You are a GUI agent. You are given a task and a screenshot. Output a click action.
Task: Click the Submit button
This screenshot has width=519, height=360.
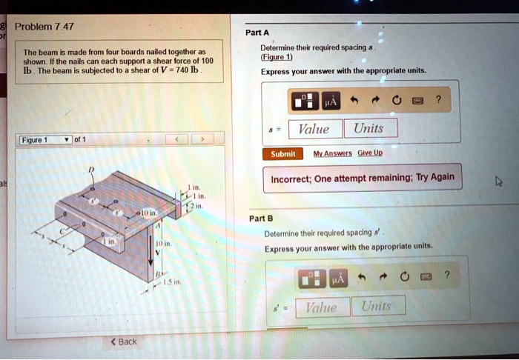[x=282, y=154]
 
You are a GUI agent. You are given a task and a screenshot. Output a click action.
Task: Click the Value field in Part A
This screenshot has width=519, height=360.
[x=313, y=129]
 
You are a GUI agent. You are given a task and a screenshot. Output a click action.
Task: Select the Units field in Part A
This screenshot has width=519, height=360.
[x=368, y=129]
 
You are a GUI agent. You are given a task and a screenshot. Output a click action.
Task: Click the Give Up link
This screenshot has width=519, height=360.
[x=370, y=154]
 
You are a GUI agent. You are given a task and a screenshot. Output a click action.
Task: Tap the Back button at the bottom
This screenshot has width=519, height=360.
[x=124, y=341]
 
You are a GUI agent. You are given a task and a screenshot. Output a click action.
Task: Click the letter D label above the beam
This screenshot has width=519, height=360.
[x=92, y=169]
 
